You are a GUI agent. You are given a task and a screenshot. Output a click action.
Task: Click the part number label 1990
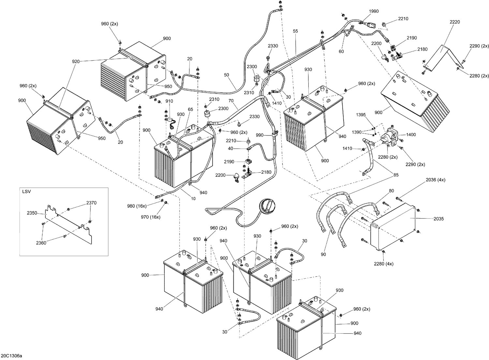coord(374,11)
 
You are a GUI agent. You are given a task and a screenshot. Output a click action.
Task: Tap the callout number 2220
coord(454,22)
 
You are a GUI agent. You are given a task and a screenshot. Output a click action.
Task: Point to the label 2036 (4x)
coord(435,180)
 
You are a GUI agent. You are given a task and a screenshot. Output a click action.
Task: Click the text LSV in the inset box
coord(27,192)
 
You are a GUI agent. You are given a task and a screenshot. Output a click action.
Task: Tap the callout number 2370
coord(91,203)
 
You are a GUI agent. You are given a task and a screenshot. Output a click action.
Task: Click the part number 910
coord(169,101)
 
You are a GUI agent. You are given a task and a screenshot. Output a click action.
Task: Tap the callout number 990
coord(259,135)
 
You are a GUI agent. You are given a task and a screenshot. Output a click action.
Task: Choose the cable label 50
coord(227,75)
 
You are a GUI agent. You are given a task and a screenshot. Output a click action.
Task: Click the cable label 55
coord(295,31)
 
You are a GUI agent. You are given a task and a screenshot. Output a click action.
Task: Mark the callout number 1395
coord(361,124)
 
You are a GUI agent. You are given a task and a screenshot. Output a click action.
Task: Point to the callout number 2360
coord(41,243)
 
